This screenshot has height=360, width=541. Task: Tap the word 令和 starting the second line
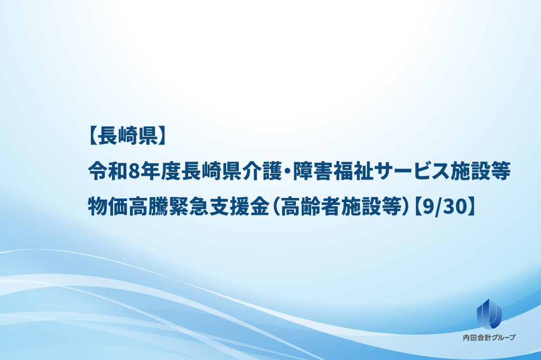point(108,172)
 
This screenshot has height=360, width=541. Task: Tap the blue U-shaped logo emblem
point(489,313)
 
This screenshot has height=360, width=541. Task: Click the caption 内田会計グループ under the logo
point(489,338)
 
